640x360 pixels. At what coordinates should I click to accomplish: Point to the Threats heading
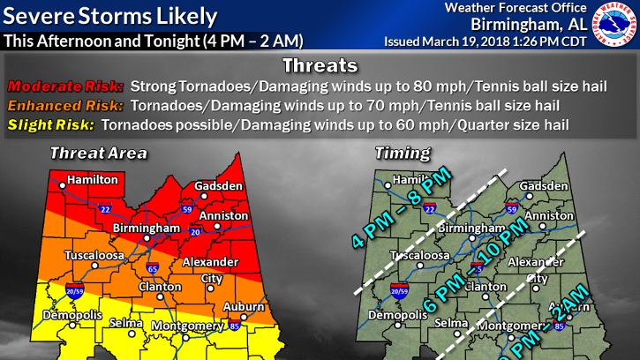[x=319, y=66]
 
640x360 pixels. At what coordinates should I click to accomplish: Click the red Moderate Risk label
[x=64, y=87]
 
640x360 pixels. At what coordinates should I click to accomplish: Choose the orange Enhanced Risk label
[x=64, y=106]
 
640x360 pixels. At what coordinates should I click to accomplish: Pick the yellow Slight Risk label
[x=50, y=125]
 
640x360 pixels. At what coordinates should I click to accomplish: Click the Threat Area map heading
[x=98, y=154]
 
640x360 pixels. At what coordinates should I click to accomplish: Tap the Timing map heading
[x=403, y=154]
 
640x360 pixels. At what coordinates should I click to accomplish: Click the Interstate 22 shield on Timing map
[x=430, y=209]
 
